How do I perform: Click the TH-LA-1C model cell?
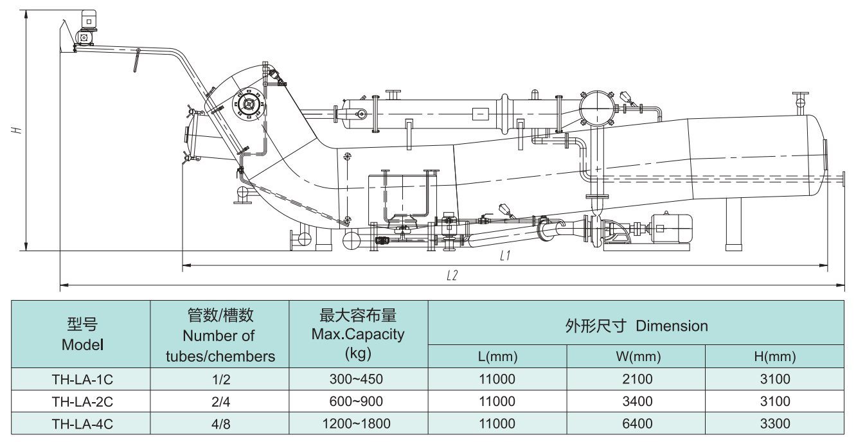(x=82, y=380)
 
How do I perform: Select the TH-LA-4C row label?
(x=82, y=424)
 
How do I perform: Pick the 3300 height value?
(x=774, y=424)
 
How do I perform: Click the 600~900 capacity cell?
(x=358, y=402)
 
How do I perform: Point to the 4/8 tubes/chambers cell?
(x=220, y=424)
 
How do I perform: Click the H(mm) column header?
(x=774, y=356)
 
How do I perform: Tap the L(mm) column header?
(x=497, y=356)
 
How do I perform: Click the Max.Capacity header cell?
(x=358, y=334)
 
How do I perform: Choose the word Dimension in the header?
(x=672, y=325)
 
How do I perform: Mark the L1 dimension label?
(x=505, y=256)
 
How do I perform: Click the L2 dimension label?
(x=452, y=276)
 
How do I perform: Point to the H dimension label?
(x=18, y=130)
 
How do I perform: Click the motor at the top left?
(x=86, y=23)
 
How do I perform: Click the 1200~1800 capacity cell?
(x=358, y=424)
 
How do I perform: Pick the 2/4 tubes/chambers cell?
(x=220, y=402)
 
